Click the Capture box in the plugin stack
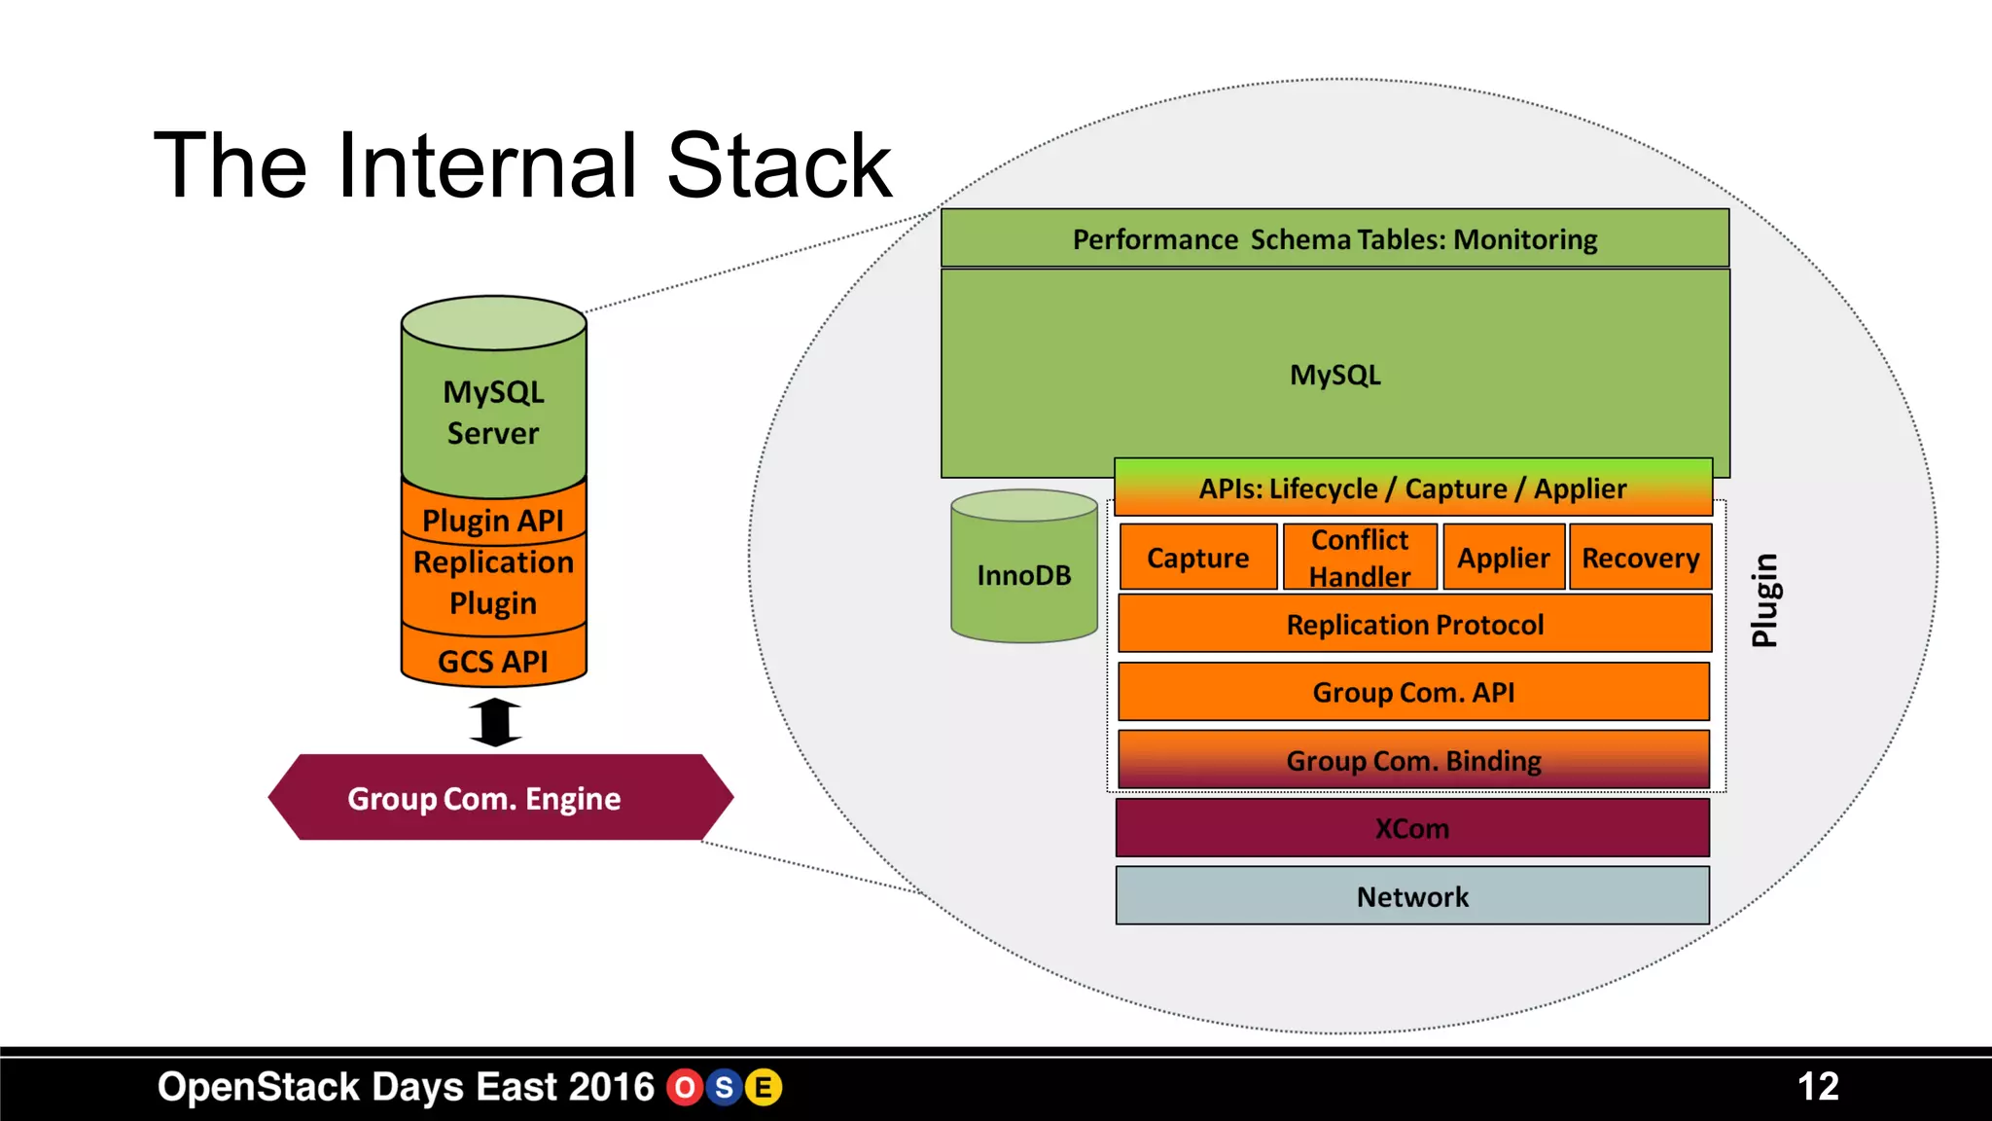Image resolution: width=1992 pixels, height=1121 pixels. [1197, 558]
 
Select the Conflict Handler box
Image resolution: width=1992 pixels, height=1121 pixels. [1359, 558]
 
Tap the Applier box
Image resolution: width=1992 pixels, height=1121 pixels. [1503, 558]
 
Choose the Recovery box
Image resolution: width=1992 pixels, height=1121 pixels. [1640, 558]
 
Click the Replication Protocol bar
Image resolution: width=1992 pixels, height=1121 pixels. [1414, 625]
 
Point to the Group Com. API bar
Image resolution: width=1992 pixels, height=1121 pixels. [1413, 692]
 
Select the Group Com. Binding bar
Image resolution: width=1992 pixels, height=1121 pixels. [1413, 760]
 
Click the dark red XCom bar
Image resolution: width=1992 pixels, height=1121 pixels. [1411, 828]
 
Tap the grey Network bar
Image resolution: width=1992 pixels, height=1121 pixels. [1411, 896]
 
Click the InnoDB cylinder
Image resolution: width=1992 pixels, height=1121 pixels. [1023, 574]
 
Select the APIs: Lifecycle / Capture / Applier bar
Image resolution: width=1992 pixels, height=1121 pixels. [1412, 488]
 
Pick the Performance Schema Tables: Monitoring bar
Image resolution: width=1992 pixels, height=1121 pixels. [1334, 238]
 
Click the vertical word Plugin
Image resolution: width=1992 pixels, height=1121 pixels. [1764, 600]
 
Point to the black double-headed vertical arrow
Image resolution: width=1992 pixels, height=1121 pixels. [495, 722]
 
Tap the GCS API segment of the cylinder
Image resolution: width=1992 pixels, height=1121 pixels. [493, 661]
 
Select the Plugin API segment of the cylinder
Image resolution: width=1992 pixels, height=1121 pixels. [493, 520]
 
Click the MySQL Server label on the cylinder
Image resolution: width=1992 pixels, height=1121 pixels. [493, 412]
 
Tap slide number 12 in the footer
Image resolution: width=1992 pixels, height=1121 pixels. [1817, 1086]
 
